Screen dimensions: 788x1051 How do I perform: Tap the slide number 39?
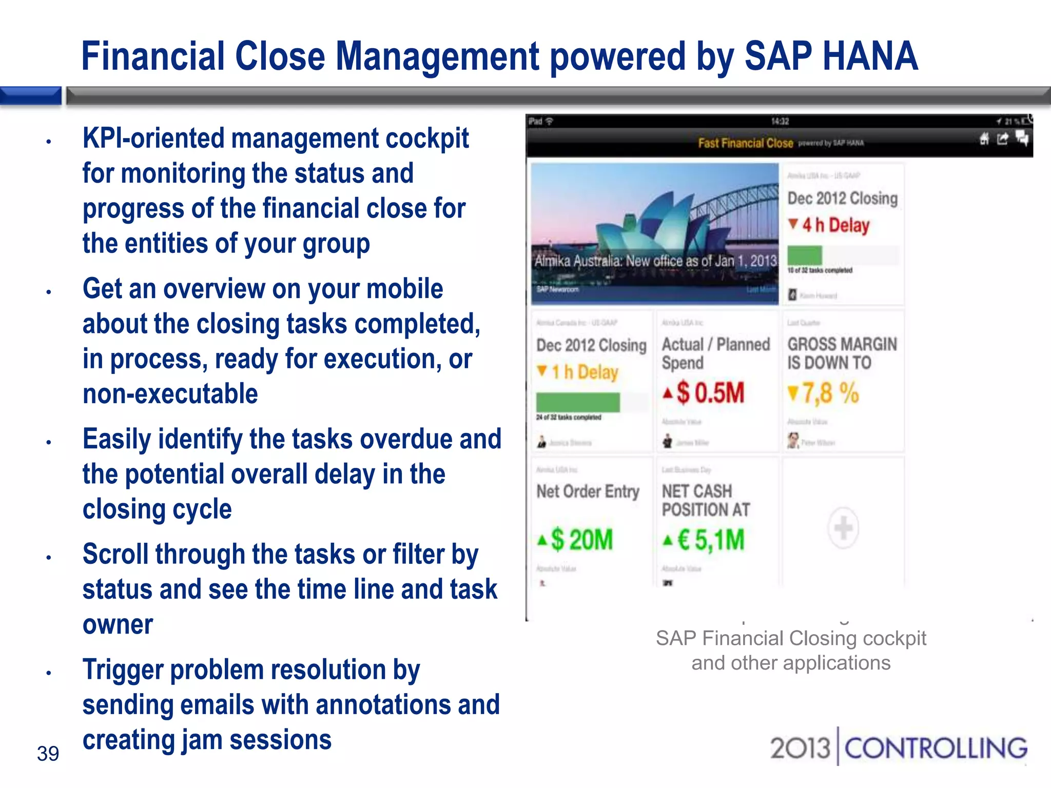point(48,754)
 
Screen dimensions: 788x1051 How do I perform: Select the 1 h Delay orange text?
point(585,372)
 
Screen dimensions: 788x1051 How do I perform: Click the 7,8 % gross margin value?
point(830,393)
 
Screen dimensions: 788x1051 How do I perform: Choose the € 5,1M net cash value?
point(710,540)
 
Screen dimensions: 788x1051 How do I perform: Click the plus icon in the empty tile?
point(843,527)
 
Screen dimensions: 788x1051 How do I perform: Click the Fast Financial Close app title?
point(745,143)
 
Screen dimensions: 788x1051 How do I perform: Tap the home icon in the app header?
point(984,139)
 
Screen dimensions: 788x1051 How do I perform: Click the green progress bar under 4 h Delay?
point(805,255)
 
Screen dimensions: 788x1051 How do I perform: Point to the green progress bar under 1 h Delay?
point(578,402)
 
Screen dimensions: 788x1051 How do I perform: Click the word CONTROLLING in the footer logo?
point(936,748)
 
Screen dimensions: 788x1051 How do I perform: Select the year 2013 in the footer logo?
point(800,748)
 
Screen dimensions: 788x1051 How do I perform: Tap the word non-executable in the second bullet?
point(170,394)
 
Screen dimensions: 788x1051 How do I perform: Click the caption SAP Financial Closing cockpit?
point(791,638)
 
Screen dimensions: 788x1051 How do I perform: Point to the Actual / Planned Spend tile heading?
point(715,353)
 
